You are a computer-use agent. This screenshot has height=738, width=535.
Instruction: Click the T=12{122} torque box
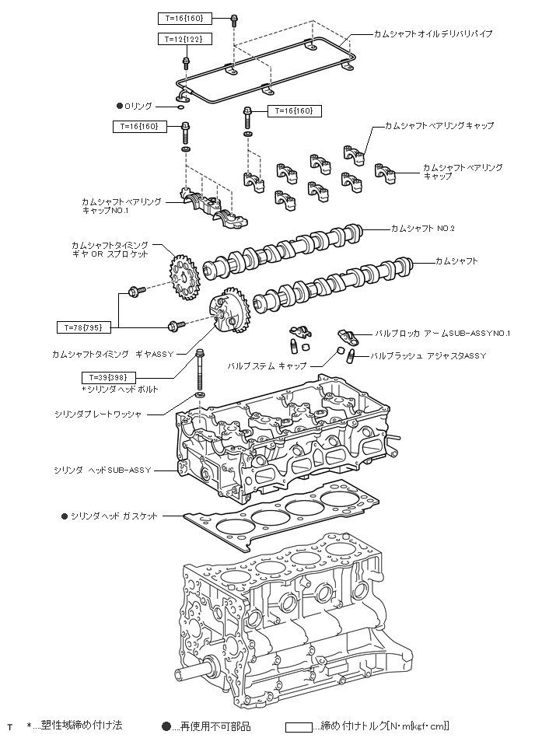click(184, 39)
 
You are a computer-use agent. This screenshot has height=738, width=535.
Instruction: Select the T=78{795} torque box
click(83, 327)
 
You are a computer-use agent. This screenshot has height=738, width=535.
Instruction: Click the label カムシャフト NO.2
click(422, 229)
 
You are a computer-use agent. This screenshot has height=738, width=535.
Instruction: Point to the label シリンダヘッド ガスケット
click(114, 516)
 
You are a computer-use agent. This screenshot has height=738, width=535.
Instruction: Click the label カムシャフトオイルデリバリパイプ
click(433, 34)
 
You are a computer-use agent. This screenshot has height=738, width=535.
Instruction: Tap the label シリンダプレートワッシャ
click(98, 414)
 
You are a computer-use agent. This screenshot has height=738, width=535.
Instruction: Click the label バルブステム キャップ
click(267, 366)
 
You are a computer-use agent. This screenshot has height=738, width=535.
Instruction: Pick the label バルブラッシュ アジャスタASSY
click(428, 356)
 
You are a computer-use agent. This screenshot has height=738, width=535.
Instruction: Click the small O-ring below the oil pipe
click(181, 107)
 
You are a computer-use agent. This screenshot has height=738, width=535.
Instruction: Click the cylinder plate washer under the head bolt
click(200, 394)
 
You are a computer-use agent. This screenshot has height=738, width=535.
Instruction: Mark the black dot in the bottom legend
click(166, 726)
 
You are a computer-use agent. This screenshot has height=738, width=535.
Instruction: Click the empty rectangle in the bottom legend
click(299, 727)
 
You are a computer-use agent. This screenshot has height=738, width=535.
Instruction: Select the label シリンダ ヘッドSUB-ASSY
click(103, 470)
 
